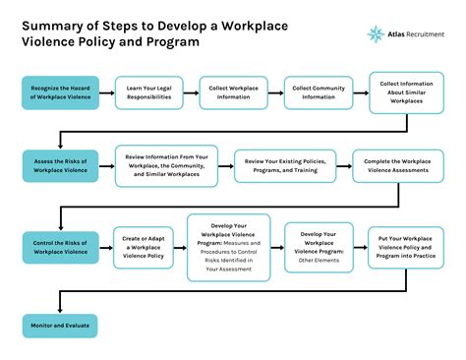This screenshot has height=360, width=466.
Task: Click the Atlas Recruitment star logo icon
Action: (376, 34)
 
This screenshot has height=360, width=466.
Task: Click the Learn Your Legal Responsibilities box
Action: (149, 93)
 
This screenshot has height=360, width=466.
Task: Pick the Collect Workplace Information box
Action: (234, 93)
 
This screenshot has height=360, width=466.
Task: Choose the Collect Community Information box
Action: (319, 93)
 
